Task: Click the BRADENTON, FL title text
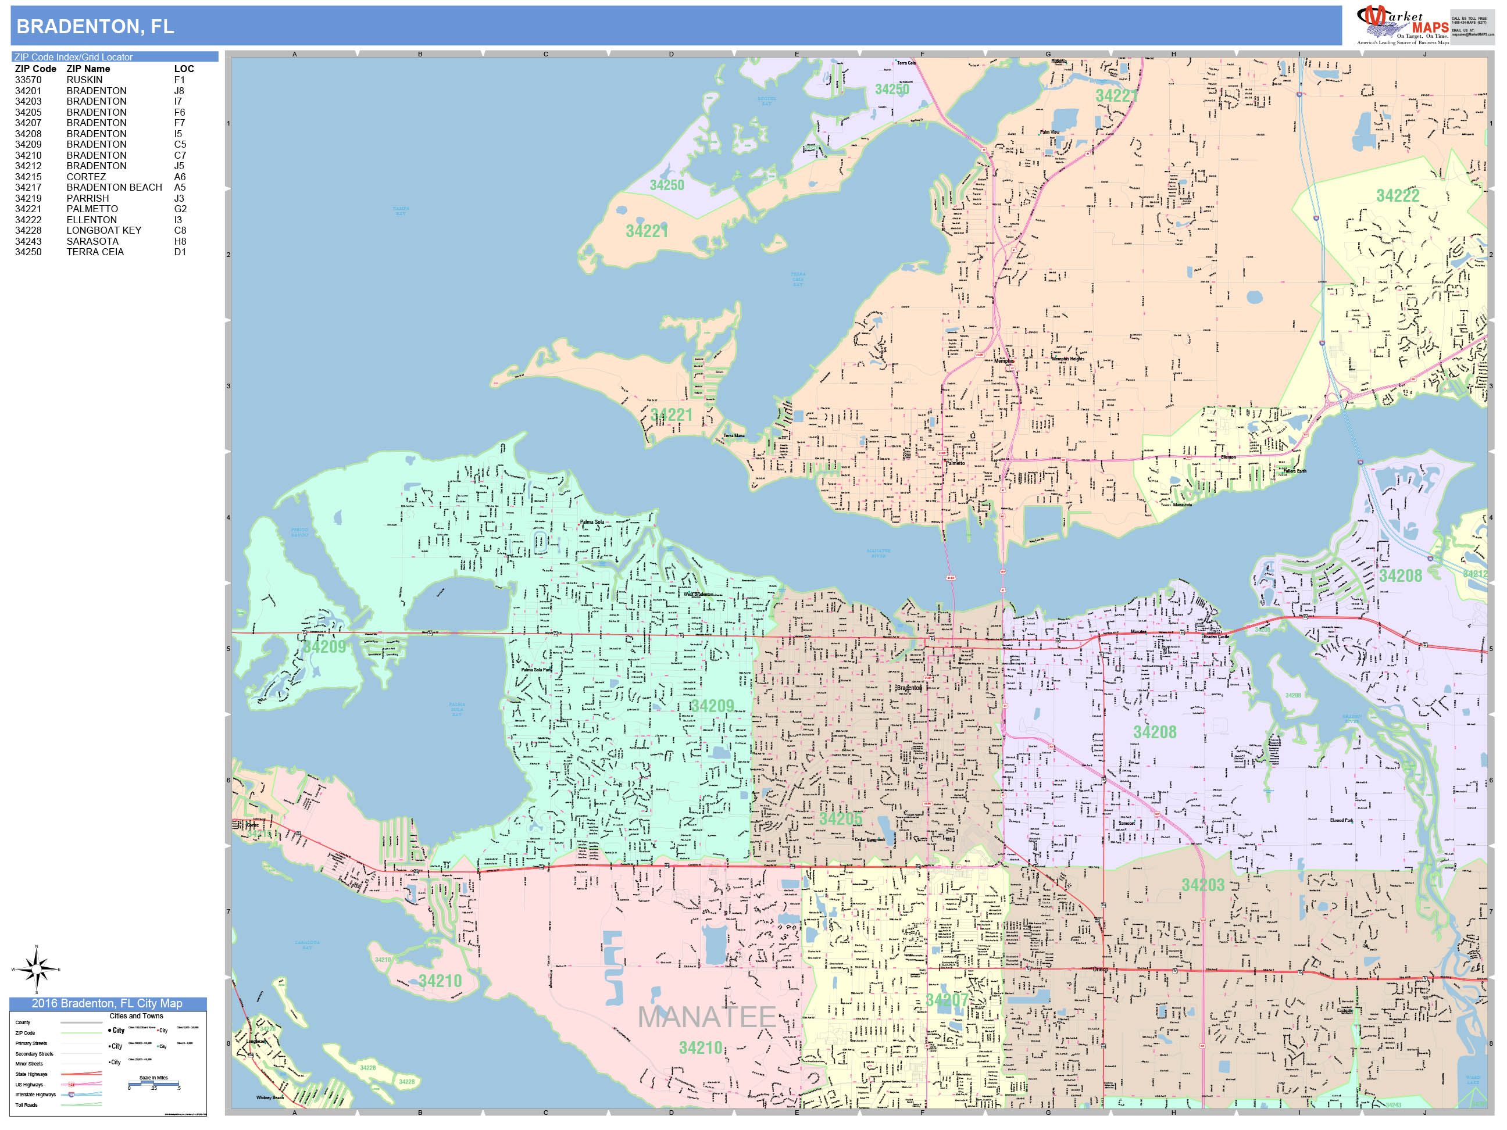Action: coord(95,27)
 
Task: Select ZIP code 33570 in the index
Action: coord(28,80)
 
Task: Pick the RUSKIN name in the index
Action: coord(84,80)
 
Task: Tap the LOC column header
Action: coord(184,69)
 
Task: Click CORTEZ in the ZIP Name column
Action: coord(86,176)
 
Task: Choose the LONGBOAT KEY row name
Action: coord(103,230)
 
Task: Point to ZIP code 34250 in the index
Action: coord(28,252)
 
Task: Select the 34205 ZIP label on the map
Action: coord(840,818)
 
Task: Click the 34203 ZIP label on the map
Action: coord(1202,885)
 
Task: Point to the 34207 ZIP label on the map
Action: coord(947,1000)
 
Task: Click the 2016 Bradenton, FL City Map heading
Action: coord(107,1003)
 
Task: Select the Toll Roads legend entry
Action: coord(27,1105)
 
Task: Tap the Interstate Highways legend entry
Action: coord(35,1095)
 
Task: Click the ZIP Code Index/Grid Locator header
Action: coord(74,57)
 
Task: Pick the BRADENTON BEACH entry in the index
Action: coord(114,187)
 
